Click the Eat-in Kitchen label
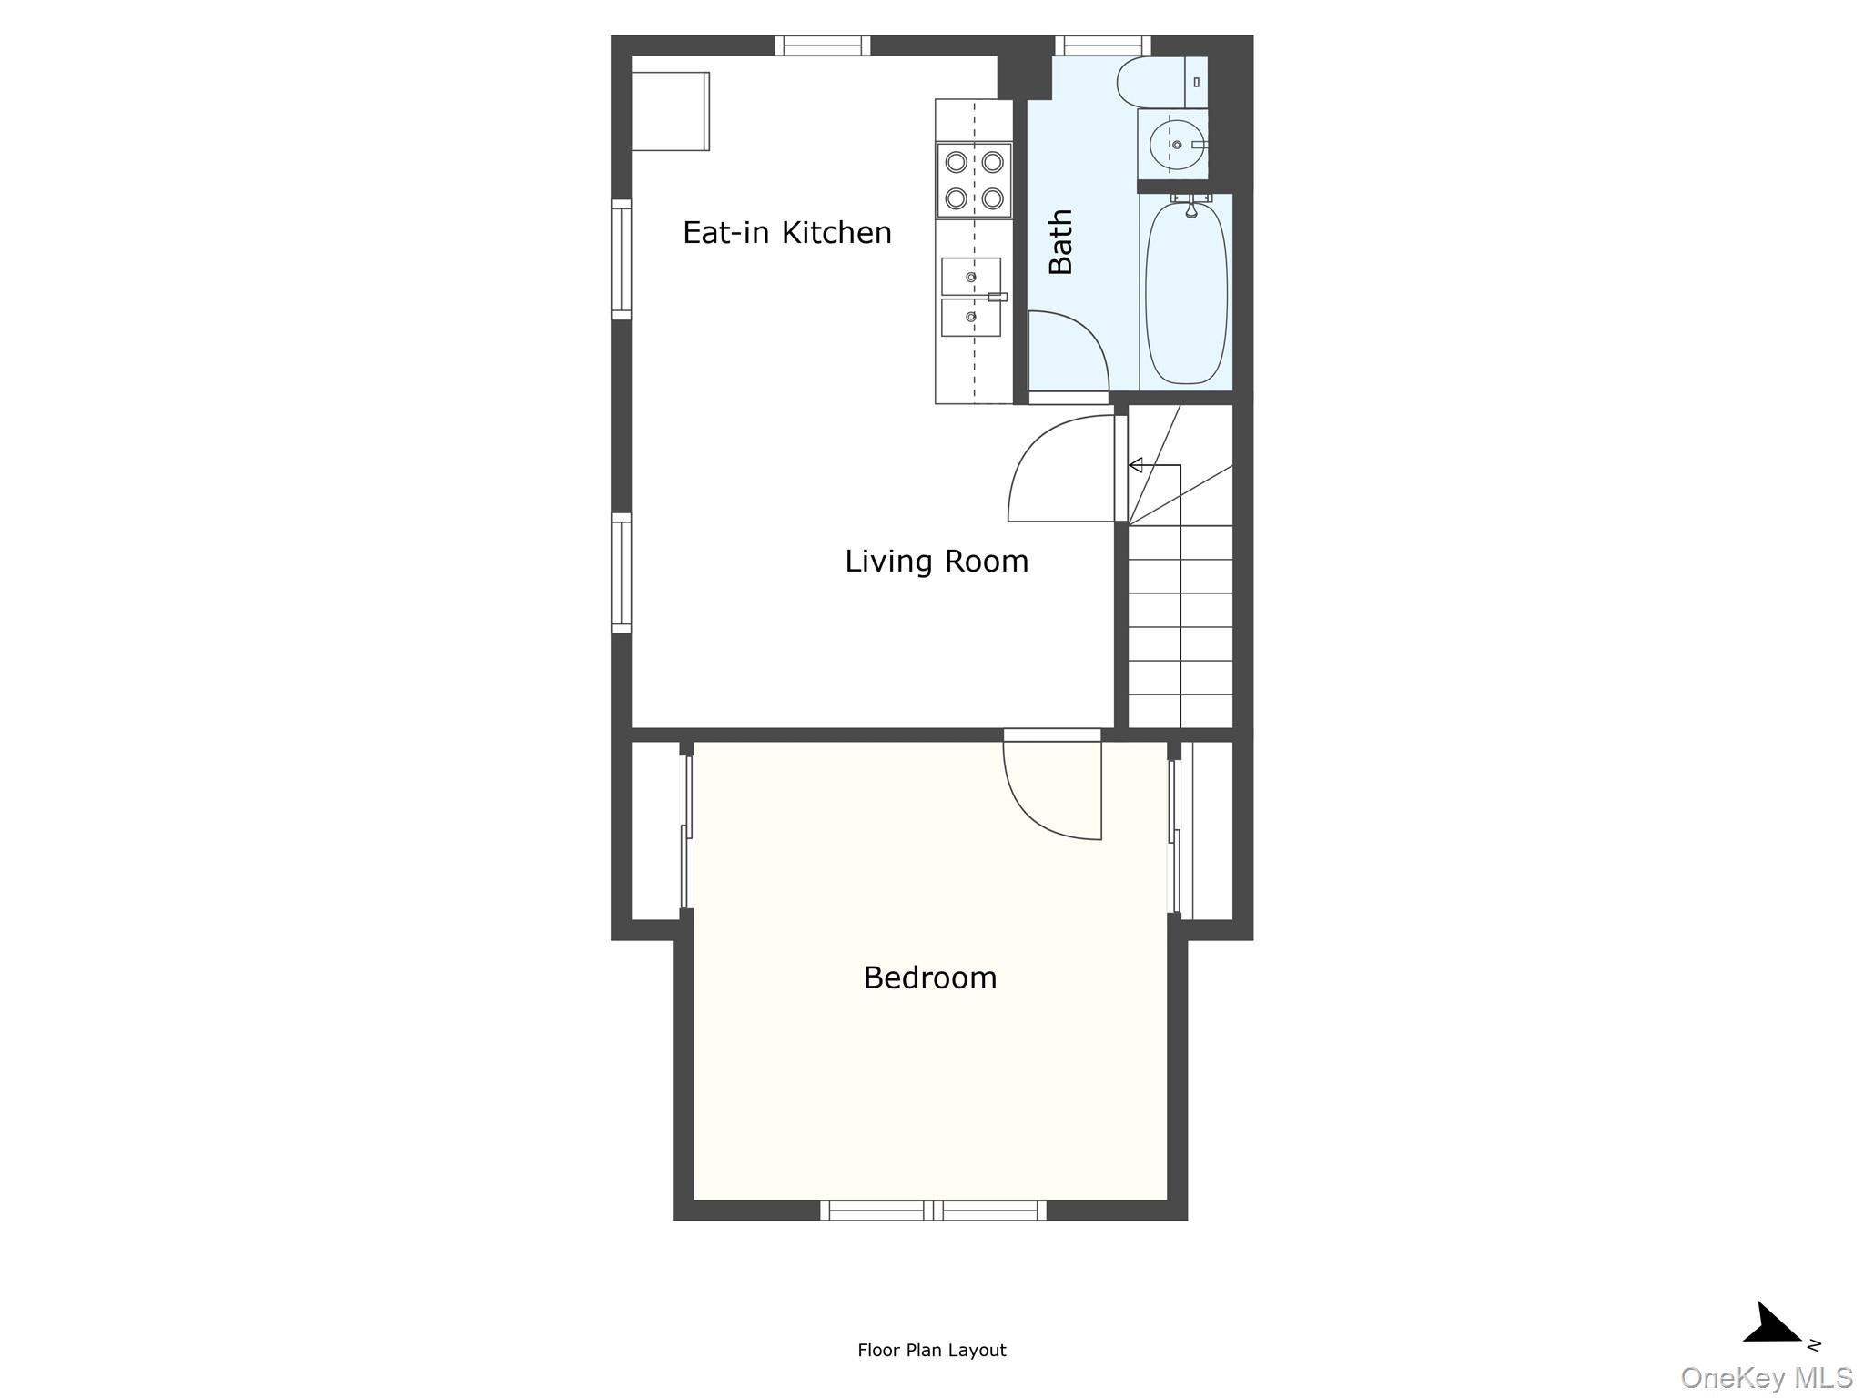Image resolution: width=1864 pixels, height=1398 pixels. coord(787,233)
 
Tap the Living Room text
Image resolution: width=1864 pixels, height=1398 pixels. coord(937,561)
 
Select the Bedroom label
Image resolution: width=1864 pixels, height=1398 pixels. coord(930,978)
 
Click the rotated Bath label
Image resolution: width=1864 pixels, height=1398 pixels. coord(1061,241)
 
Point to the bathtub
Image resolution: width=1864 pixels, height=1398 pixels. coord(1186,291)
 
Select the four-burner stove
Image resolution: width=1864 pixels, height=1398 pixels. coord(974,180)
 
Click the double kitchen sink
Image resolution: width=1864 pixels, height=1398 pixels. coord(971,297)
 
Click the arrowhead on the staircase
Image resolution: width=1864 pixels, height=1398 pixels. coord(1135,466)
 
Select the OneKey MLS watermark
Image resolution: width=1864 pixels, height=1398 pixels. coord(1767,1377)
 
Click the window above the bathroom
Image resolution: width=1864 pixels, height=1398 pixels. coord(1103,46)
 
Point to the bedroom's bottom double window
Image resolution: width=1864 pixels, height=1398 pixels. coord(933,1211)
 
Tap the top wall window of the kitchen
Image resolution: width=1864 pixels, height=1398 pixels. coord(823,46)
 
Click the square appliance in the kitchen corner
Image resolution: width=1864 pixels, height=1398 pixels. coord(671,111)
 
